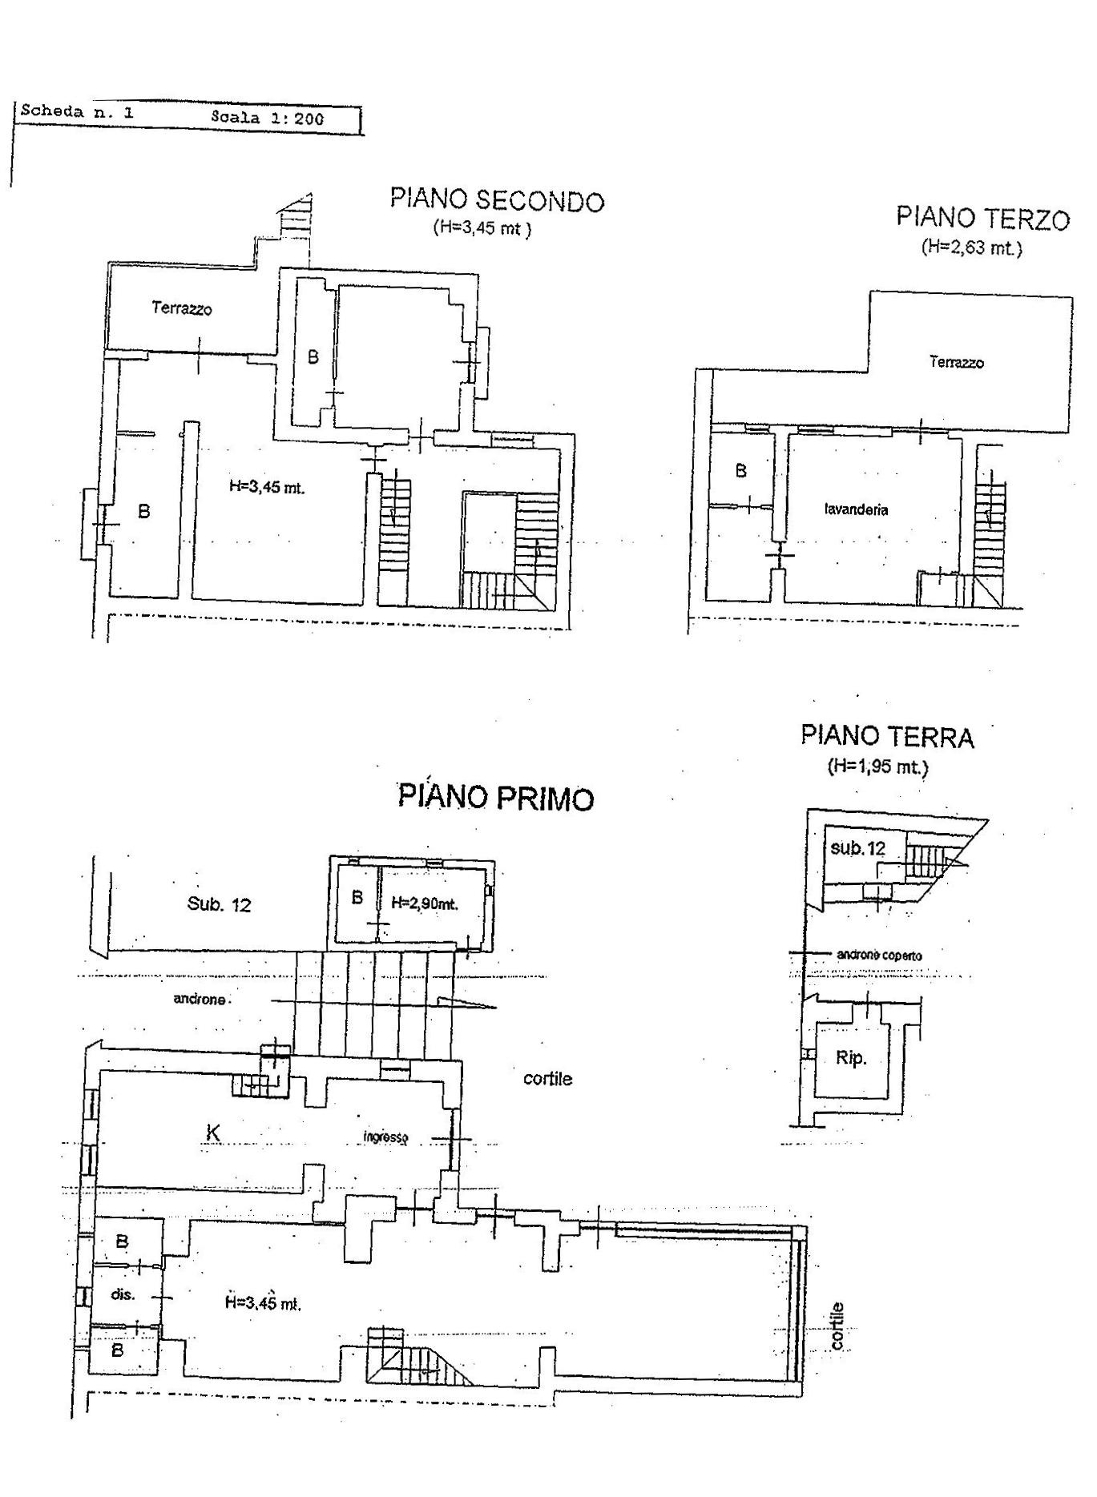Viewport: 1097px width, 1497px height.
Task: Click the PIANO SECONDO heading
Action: click(x=497, y=199)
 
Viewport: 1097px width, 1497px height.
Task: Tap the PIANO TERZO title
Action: click(x=982, y=218)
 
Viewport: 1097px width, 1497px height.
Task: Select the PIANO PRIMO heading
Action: click(x=496, y=798)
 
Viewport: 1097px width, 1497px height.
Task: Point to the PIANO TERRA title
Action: click(x=887, y=736)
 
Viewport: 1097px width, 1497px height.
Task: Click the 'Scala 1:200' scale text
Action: click(x=268, y=118)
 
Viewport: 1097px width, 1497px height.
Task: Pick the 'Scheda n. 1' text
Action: click(x=77, y=111)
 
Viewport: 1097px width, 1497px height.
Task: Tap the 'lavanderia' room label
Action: click(x=856, y=509)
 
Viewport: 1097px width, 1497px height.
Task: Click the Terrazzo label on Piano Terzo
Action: click(x=957, y=362)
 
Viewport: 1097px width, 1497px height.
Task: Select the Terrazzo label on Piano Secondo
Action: click(x=182, y=308)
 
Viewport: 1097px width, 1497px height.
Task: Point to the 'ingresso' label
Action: click(x=386, y=1137)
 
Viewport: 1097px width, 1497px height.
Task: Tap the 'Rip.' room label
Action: click(x=851, y=1058)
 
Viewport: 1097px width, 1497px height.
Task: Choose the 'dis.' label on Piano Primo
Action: click(x=123, y=1294)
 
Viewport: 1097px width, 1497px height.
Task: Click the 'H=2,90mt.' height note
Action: click(x=425, y=903)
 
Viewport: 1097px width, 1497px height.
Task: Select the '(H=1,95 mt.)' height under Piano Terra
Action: click(x=878, y=767)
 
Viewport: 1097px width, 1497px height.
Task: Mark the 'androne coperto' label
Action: click(x=879, y=956)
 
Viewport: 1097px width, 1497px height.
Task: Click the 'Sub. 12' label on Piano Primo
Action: click(x=219, y=905)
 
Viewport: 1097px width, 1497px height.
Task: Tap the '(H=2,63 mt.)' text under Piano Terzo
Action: click(x=972, y=247)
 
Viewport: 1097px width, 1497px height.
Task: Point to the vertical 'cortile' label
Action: click(x=838, y=1327)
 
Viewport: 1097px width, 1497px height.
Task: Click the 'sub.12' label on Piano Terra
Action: click(x=858, y=848)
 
